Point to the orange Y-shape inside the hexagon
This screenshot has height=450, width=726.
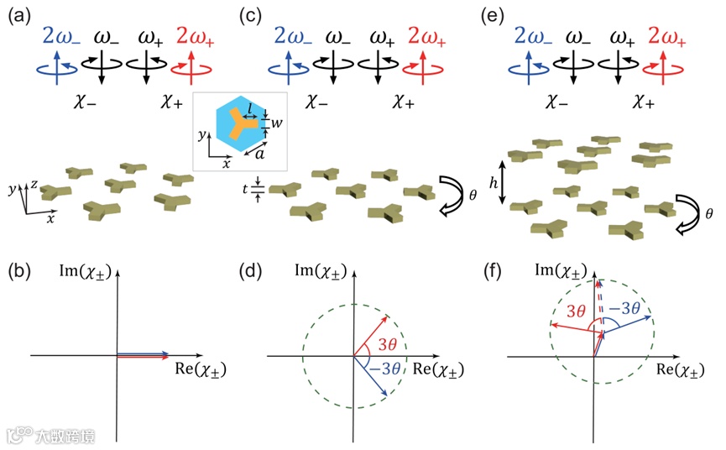point(236,123)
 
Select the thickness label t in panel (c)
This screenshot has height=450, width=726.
point(246,191)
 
